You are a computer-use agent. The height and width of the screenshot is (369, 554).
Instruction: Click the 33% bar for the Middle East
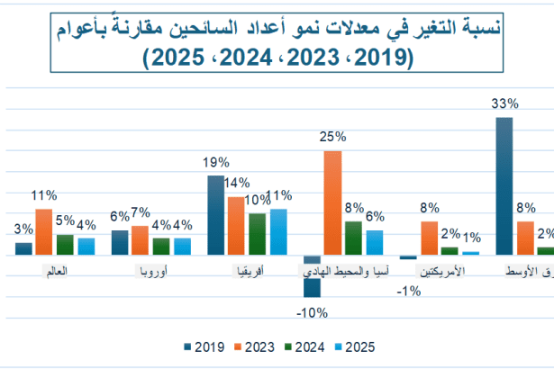(504, 185)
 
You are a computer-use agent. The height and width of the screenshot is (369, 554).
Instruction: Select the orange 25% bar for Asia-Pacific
(332, 202)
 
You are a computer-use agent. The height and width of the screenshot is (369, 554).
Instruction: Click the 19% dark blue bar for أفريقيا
(216, 215)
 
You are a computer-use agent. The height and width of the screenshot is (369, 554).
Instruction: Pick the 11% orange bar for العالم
(43, 232)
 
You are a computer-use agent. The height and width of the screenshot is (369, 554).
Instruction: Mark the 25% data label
(332, 137)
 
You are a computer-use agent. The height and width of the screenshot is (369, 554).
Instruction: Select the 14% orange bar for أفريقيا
(236, 225)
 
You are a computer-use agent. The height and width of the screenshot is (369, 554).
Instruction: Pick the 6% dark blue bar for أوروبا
(120, 243)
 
